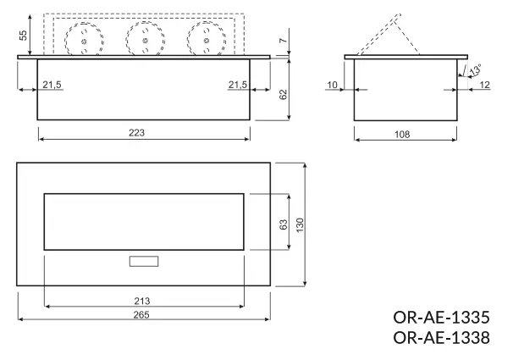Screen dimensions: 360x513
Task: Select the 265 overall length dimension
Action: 142,314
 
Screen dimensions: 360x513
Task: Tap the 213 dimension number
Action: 142,299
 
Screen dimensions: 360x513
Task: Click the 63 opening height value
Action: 283,223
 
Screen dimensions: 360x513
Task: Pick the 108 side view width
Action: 404,132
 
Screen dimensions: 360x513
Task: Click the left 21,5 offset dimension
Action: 52,84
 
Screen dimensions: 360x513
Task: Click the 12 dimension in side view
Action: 483,84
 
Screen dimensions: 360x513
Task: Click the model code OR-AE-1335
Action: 441,318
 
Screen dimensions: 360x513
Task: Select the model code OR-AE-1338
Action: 441,338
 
